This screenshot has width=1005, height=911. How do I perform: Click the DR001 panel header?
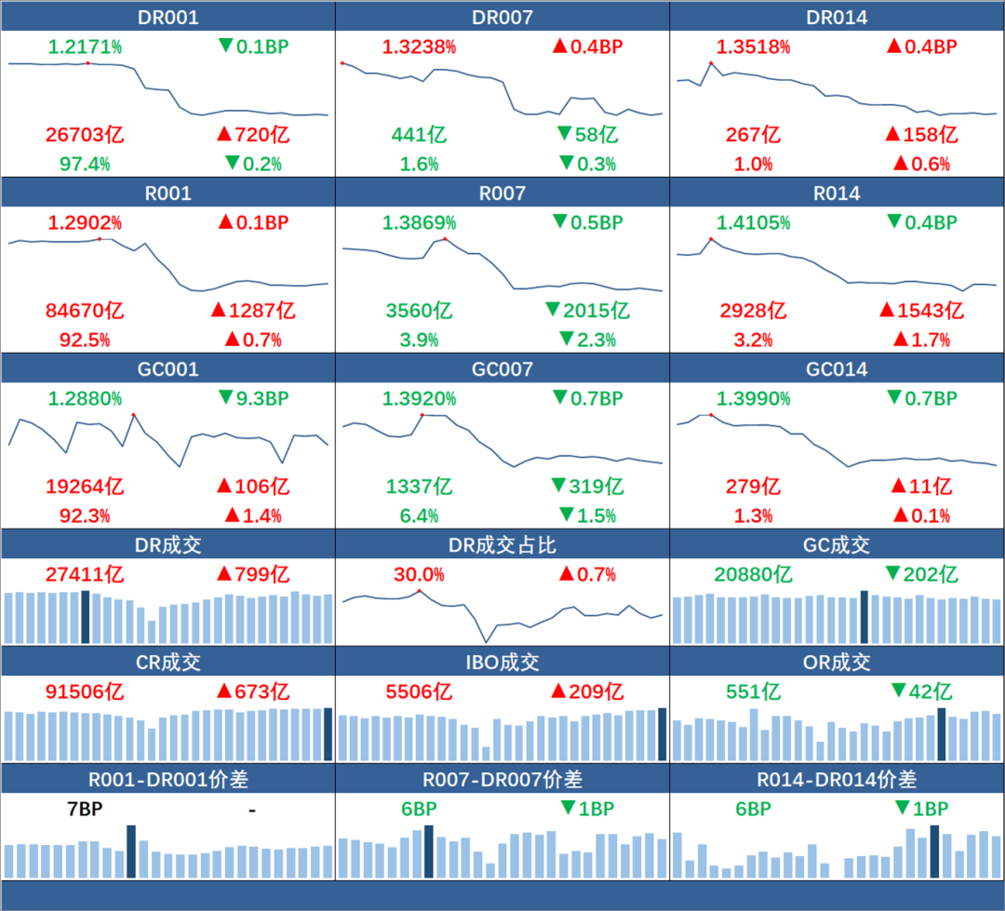(167, 17)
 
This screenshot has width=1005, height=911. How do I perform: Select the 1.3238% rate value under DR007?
(419, 47)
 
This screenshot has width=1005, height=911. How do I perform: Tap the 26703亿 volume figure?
(85, 135)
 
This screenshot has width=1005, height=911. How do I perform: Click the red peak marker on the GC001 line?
(134, 414)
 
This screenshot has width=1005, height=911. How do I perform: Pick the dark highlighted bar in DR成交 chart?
(86, 616)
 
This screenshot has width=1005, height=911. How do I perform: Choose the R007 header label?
(502, 194)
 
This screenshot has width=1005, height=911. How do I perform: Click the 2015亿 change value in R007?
(596, 311)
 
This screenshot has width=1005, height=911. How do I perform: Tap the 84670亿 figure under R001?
(85, 311)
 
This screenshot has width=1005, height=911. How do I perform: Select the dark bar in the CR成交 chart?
(328, 733)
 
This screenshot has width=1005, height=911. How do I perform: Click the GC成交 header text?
(837, 544)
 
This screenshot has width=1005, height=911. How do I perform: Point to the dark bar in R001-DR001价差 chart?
(131, 851)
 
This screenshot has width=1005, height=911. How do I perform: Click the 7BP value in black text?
(85, 810)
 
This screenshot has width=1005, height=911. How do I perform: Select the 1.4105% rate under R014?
(753, 223)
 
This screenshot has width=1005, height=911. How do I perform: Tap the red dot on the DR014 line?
(711, 63)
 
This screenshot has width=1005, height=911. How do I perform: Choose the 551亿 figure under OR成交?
(753, 691)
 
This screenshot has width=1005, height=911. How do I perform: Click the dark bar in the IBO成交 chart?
(662, 733)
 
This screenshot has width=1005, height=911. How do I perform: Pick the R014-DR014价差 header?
(837, 779)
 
